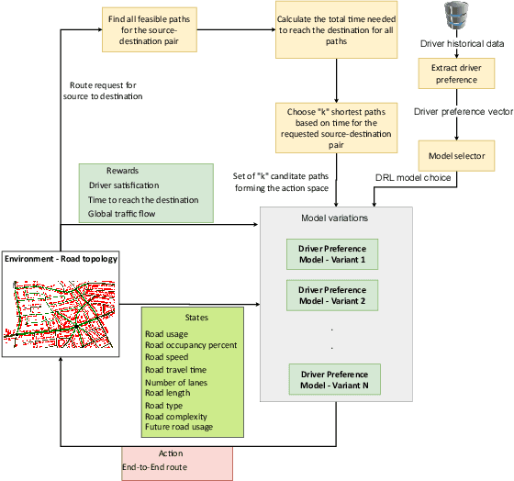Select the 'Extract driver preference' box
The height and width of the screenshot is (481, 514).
pos(456,74)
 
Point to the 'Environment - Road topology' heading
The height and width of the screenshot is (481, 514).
pos(61,259)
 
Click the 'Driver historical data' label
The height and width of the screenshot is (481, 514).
pos(461,44)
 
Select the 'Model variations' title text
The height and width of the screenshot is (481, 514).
pos(336,218)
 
